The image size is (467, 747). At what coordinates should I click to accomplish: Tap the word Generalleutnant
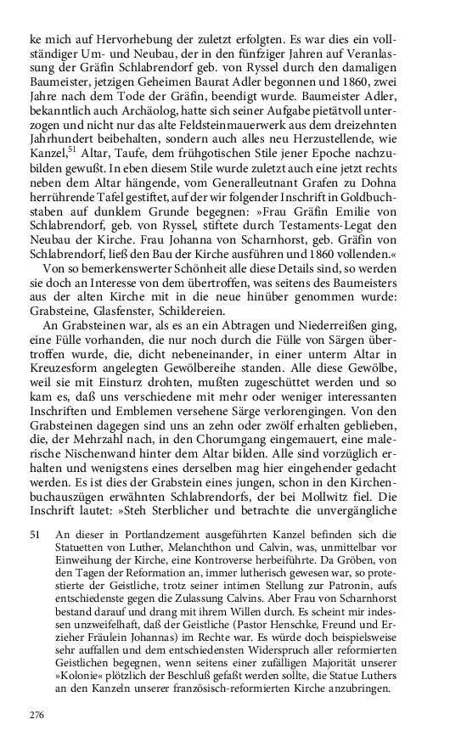(x=262, y=210)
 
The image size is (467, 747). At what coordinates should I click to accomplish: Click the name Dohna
(x=378, y=210)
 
